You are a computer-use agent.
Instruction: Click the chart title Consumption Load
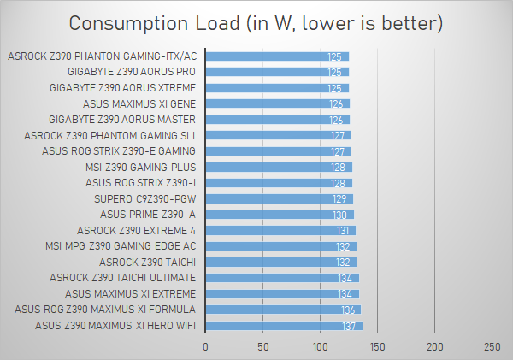tap(256, 23)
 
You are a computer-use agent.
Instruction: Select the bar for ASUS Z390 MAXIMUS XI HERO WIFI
tap(284, 325)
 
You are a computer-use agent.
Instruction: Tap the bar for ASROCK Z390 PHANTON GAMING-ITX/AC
tap(278, 56)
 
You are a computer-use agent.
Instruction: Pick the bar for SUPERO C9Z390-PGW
tap(280, 198)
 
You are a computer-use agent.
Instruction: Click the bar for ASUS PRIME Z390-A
tap(280, 214)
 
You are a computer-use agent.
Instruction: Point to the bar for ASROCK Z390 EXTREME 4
tap(280, 230)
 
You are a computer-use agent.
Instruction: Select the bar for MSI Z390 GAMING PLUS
tap(279, 167)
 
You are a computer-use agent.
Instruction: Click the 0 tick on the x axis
tap(205, 346)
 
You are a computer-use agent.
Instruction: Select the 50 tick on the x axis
tap(263, 346)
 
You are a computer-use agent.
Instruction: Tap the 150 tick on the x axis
tap(378, 346)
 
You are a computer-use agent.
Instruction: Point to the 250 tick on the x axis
tap(492, 346)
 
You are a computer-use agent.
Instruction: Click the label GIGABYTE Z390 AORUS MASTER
tap(122, 120)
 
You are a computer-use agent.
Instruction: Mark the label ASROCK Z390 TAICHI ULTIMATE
tap(122, 278)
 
